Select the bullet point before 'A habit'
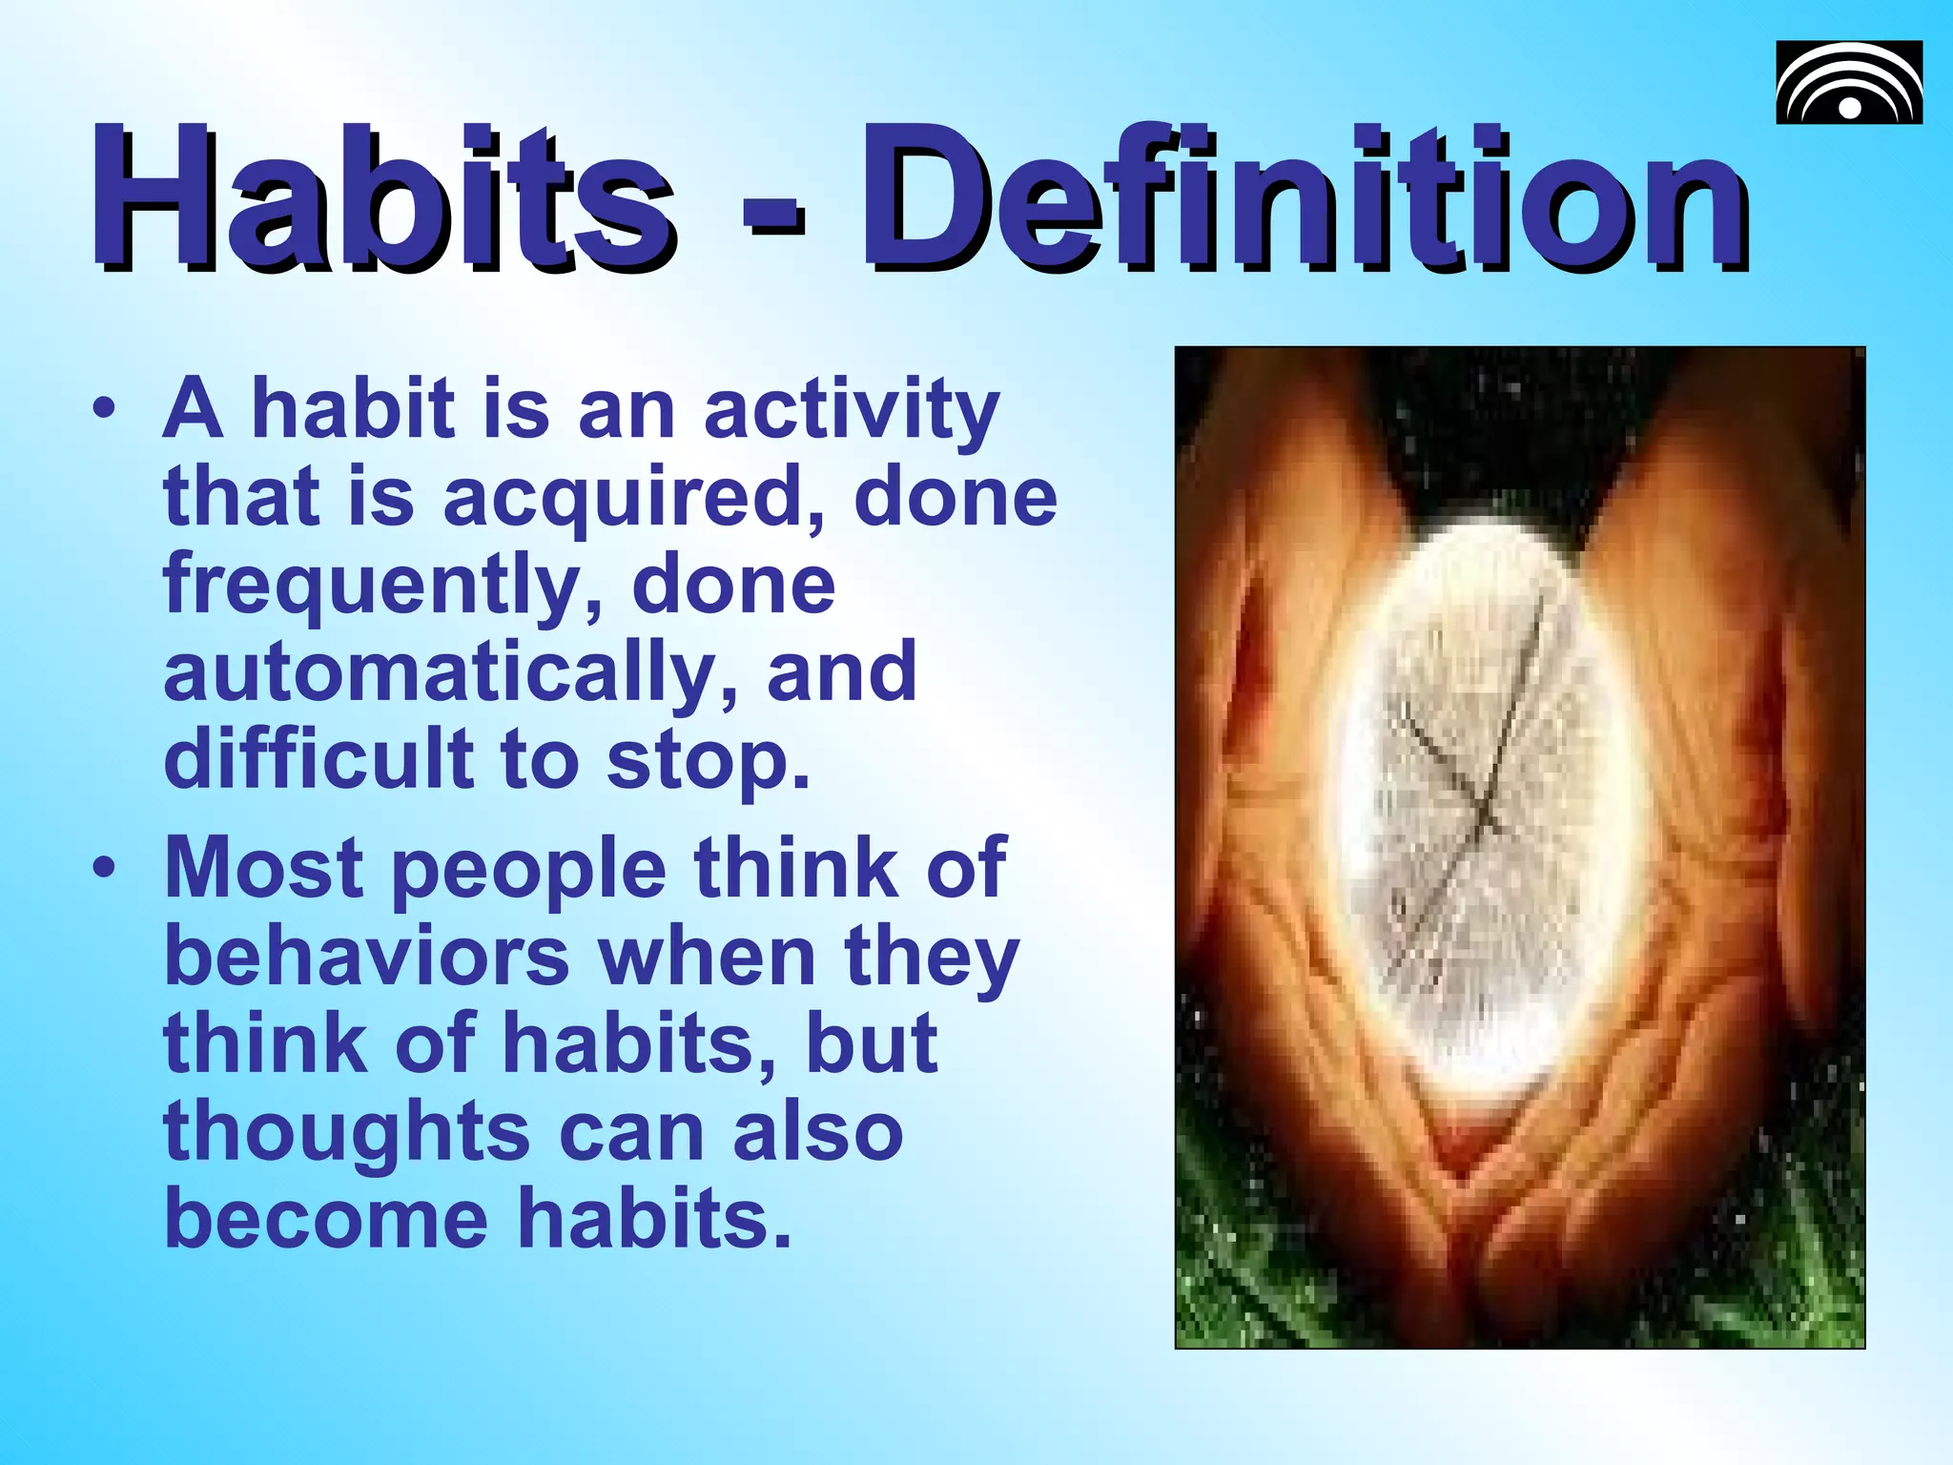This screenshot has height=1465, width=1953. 105,410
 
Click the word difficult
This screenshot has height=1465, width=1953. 319,759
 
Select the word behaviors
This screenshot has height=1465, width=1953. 367,957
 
